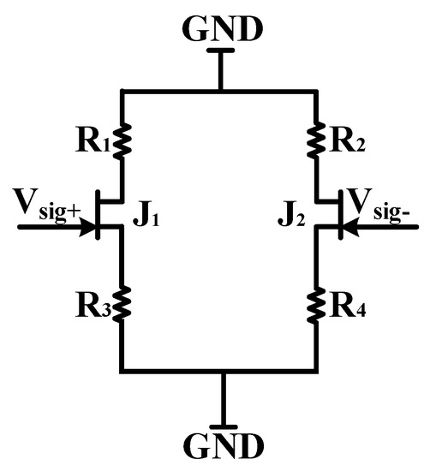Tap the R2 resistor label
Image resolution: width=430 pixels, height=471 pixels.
click(345, 142)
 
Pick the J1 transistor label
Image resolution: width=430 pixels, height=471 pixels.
click(146, 215)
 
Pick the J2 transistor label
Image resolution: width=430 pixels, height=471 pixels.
click(290, 215)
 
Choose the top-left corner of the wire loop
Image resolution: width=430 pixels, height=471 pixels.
click(123, 90)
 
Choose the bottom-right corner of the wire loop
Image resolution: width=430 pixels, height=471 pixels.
click(317, 371)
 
